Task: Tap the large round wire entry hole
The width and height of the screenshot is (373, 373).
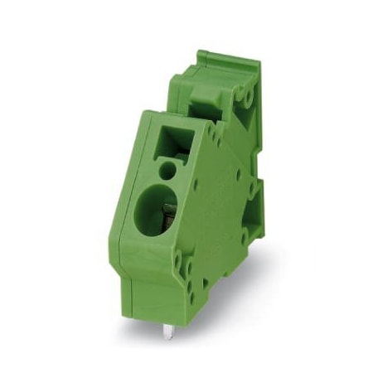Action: coord(157,215)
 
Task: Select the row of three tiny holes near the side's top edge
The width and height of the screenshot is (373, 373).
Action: coord(213,133)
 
